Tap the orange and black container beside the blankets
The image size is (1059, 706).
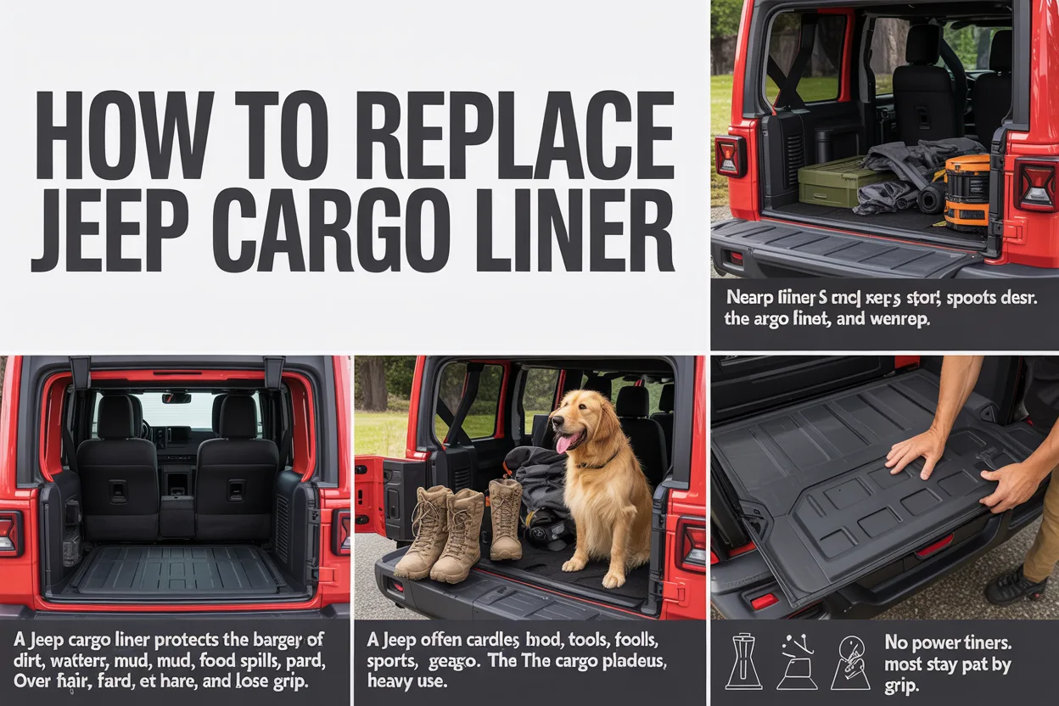pyautogui.click(x=967, y=192)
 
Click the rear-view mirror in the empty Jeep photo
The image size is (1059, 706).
pyautogui.click(x=176, y=397)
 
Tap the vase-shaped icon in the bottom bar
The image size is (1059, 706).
pyautogui.click(x=742, y=662)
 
